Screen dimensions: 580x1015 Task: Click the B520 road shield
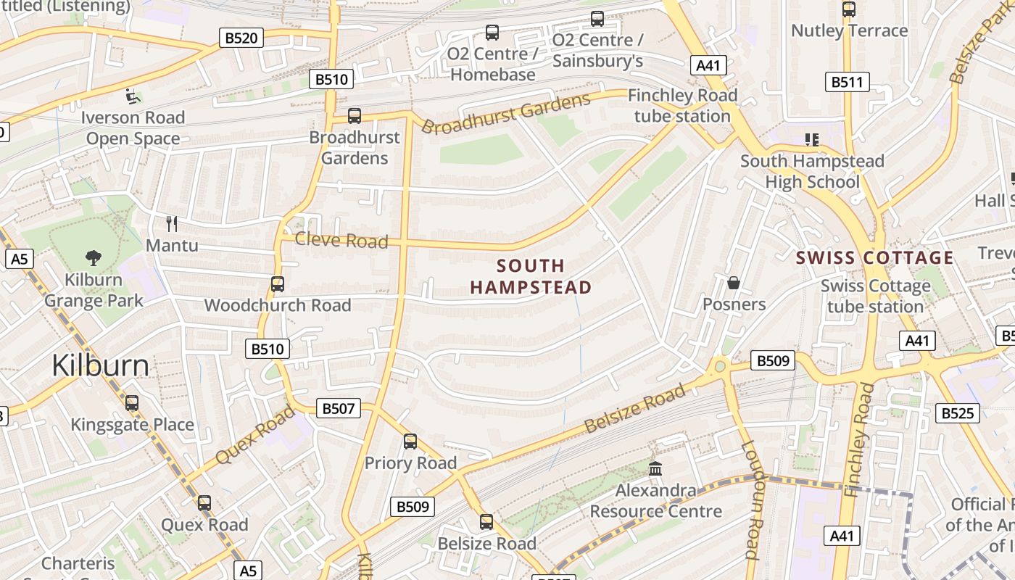(241, 38)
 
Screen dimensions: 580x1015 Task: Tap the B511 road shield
(847, 82)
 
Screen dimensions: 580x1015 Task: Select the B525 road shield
(958, 413)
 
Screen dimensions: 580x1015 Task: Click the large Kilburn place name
(101, 366)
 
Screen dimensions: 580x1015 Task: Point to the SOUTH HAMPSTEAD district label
(531, 277)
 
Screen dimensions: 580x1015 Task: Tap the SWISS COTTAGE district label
(874, 258)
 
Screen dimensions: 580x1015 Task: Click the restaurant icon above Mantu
(172, 223)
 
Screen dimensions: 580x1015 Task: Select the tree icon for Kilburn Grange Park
(94, 257)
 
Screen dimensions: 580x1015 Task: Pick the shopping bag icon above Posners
(734, 283)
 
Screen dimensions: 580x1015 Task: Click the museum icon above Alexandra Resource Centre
(655, 469)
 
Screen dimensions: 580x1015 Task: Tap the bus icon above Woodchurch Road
(277, 284)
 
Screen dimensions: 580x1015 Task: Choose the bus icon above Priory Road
(410, 442)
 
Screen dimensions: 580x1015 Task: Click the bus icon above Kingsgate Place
(131, 403)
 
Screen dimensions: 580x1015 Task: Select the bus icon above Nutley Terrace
(848, 9)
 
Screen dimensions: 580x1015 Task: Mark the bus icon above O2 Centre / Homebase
(492, 33)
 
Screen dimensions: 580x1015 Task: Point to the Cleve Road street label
(341, 240)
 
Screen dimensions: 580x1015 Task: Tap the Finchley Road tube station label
(682, 106)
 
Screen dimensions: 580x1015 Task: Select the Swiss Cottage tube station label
(875, 296)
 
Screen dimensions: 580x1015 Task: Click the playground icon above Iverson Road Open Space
(132, 96)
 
